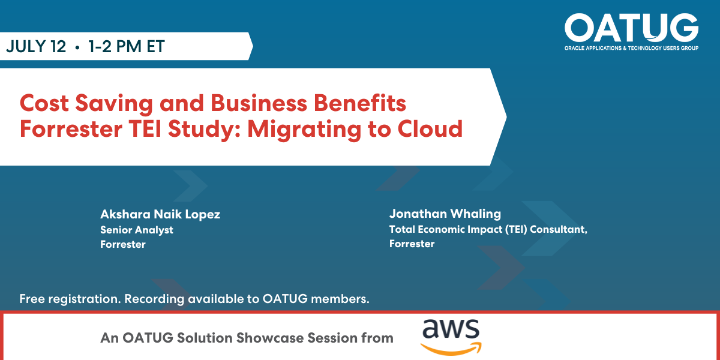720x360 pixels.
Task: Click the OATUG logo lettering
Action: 631,28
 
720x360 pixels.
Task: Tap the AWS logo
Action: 451,337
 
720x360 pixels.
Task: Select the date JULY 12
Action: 36,46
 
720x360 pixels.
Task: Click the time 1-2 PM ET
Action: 127,46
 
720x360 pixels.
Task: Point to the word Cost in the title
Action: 44,103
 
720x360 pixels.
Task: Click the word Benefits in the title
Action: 359,103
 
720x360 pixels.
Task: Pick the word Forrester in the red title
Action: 71,129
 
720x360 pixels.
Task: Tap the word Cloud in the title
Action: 430,129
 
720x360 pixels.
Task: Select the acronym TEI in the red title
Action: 145,129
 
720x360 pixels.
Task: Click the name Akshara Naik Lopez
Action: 160,214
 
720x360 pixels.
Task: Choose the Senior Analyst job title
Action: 137,230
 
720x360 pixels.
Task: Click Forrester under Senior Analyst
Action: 123,244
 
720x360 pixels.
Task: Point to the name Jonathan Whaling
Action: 445,214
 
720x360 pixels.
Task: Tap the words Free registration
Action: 70,299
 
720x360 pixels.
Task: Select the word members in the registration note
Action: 340,299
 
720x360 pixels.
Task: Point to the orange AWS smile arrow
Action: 451,349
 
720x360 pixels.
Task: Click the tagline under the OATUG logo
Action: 631,48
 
